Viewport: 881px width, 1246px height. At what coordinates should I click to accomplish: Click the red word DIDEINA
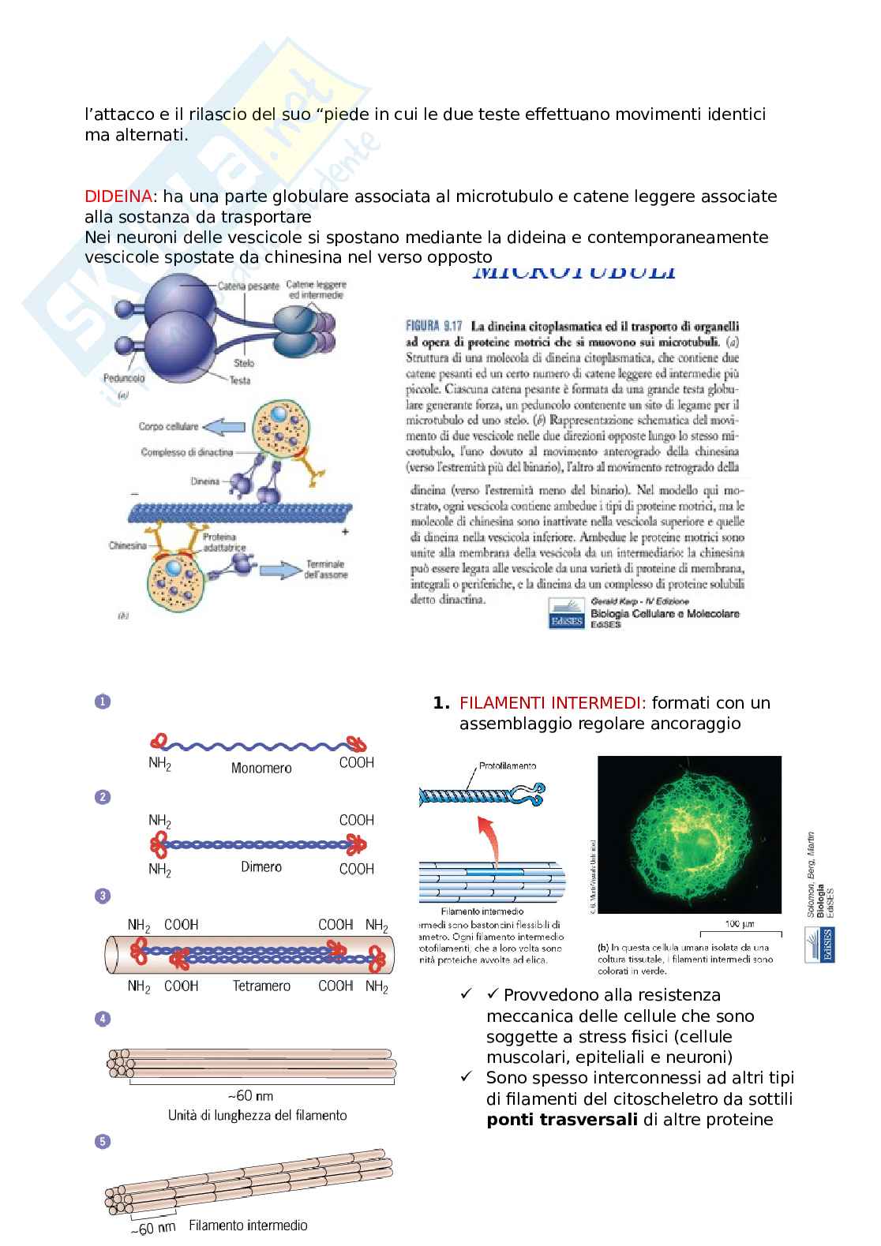[x=118, y=196]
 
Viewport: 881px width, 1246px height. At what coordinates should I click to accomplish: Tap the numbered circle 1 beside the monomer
[x=103, y=702]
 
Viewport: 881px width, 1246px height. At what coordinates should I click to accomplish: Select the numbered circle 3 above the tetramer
[x=103, y=896]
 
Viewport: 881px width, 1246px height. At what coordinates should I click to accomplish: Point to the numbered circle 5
[x=103, y=1141]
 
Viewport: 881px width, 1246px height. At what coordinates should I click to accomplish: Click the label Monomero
[x=261, y=768]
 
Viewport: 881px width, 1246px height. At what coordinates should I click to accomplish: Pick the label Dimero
[x=261, y=867]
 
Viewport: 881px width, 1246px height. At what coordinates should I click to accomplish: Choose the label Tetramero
[x=261, y=986]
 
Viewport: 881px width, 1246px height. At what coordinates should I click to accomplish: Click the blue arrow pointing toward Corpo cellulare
[x=224, y=427]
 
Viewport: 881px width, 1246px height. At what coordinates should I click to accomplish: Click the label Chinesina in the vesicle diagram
[x=128, y=546]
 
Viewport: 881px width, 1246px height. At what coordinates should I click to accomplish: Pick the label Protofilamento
[x=508, y=765]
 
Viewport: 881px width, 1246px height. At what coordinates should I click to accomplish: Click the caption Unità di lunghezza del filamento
[x=257, y=1115]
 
